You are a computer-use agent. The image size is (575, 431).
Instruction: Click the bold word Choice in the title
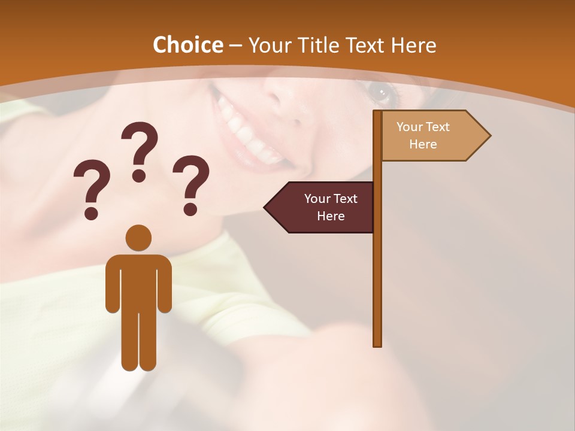click(187, 45)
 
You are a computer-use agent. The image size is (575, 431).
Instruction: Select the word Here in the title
click(413, 45)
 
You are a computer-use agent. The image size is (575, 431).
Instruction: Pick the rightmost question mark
click(191, 184)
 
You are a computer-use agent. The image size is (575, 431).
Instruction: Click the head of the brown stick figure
click(138, 238)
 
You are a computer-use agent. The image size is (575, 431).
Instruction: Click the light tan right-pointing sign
click(428, 136)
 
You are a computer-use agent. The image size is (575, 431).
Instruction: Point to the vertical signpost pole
click(377, 269)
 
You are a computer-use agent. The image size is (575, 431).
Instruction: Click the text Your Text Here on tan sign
click(423, 135)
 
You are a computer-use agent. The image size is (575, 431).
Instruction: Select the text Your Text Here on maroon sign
click(331, 207)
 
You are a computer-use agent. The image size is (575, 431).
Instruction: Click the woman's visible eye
click(379, 92)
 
